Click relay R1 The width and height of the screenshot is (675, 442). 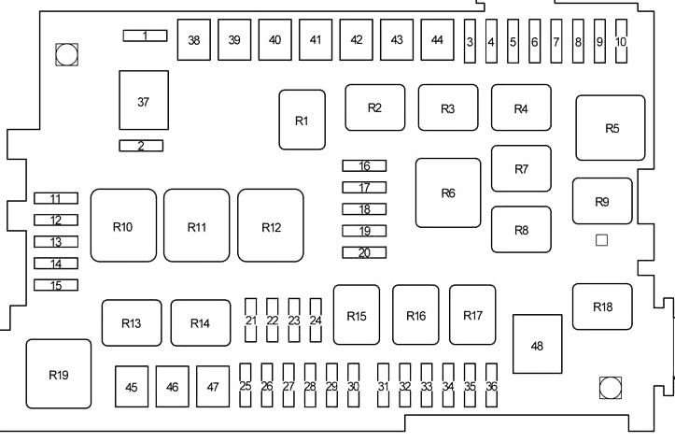pyautogui.click(x=302, y=120)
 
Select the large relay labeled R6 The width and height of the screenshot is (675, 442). pyautogui.click(x=448, y=192)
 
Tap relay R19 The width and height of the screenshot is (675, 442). pyautogui.click(x=59, y=374)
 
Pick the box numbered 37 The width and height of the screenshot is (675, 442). pyautogui.click(x=143, y=101)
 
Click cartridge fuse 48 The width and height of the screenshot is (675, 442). pyautogui.click(x=537, y=345)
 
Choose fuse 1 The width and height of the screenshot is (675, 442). pyautogui.click(x=145, y=36)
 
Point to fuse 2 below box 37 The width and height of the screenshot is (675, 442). pyautogui.click(x=141, y=145)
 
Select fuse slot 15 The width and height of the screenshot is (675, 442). pyautogui.click(x=56, y=285)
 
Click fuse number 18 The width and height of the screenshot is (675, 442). pyautogui.click(x=364, y=209)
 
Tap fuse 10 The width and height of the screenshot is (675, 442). pyautogui.click(x=621, y=42)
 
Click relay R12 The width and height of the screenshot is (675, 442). pyautogui.click(x=271, y=226)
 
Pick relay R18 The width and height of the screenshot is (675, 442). pyautogui.click(x=602, y=307)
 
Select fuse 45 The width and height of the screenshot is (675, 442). pyautogui.click(x=132, y=386)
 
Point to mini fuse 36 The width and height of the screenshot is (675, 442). pyautogui.click(x=491, y=386)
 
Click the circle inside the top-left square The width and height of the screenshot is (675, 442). pyautogui.click(x=66, y=55)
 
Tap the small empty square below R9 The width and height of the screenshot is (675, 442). pyautogui.click(x=601, y=240)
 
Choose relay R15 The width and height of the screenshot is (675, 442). pyautogui.click(x=357, y=316)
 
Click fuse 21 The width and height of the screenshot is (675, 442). pyautogui.click(x=250, y=321)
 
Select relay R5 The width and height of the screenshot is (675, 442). pyautogui.click(x=612, y=128)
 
